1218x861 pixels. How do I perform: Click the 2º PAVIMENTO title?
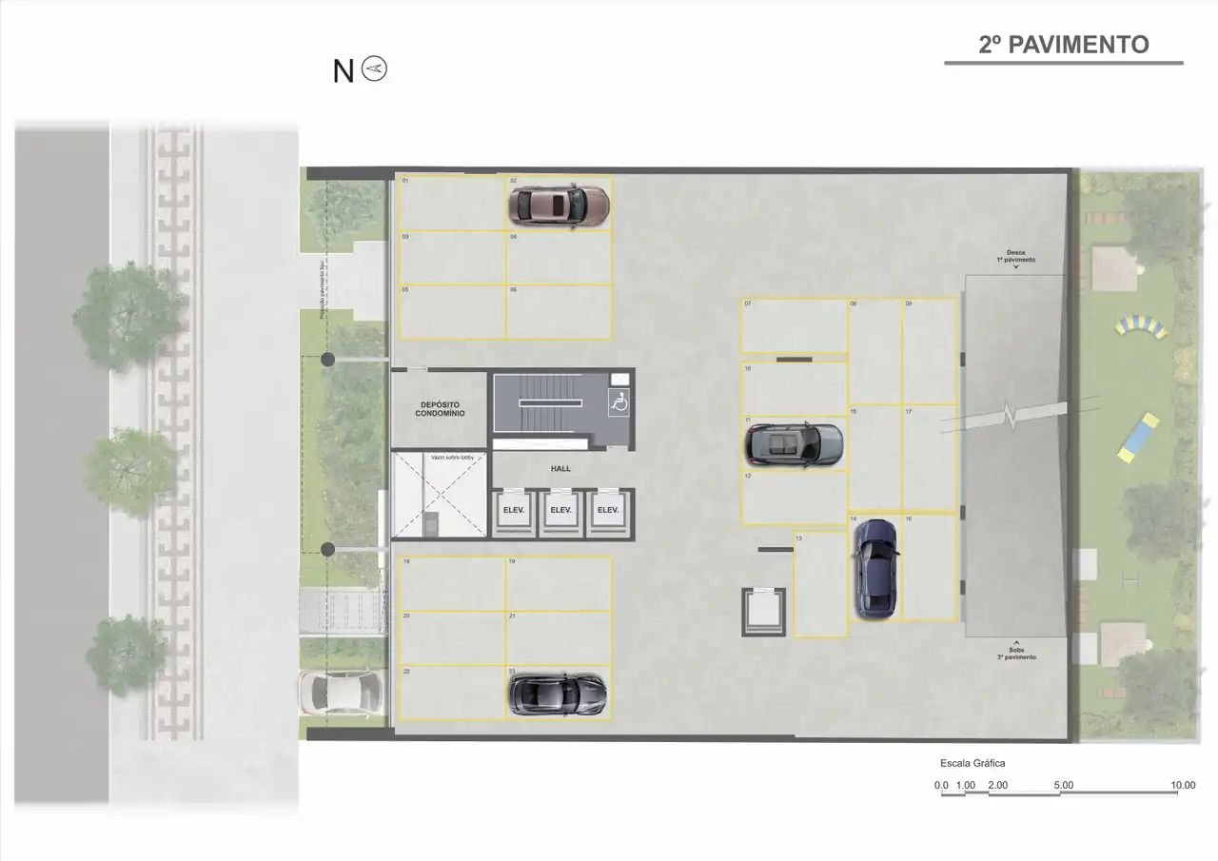(x=1063, y=45)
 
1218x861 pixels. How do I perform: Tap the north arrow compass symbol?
(x=376, y=69)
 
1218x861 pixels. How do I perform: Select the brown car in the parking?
(x=559, y=204)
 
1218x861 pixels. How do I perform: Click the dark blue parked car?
(x=874, y=568)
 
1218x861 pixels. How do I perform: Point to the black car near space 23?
(x=557, y=694)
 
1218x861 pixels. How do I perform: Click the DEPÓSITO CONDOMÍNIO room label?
(x=440, y=410)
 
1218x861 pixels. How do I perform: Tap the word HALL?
(x=560, y=469)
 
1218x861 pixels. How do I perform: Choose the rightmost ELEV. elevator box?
(x=607, y=511)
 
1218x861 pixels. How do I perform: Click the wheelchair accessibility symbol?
(x=619, y=403)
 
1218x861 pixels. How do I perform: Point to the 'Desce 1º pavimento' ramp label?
(x=1015, y=257)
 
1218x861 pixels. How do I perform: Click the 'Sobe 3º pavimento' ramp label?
(x=1015, y=654)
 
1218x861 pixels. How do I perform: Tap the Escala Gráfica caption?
(x=972, y=763)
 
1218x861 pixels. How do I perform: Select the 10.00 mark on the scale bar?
(x=1183, y=786)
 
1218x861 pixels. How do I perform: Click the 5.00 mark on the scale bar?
(x=1064, y=786)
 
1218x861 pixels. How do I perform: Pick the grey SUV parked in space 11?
(x=794, y=444)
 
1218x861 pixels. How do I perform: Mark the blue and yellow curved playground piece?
(x=1141, y=327)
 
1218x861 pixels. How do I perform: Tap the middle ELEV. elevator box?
(x=560, y=511)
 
